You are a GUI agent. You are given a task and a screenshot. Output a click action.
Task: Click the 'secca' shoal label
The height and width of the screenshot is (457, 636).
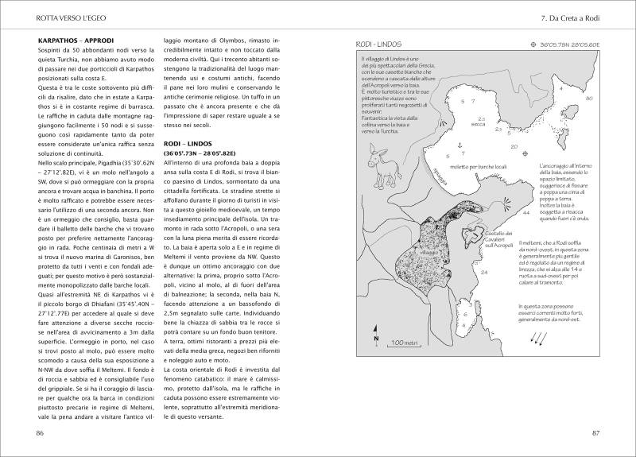pos(477,124)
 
